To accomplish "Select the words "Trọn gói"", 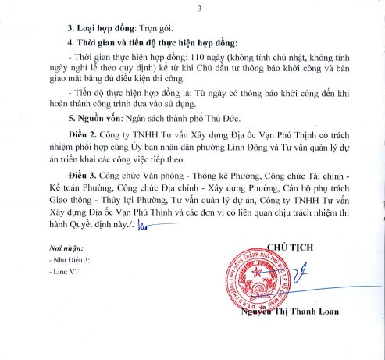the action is tap(143, 24).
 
